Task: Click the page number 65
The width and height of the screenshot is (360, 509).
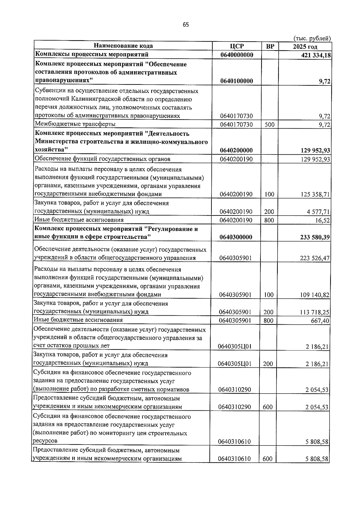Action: [186, 25]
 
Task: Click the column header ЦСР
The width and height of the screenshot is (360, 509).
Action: [237, 46]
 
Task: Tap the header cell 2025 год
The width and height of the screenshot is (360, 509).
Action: [305, 46]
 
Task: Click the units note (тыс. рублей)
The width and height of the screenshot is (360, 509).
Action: [312, 38]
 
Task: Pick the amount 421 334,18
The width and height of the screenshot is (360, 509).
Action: [315, 55]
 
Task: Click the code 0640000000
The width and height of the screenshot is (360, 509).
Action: [236, 55]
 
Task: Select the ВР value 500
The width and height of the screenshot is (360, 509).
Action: [269, 124]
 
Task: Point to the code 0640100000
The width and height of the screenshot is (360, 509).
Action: [236, 81]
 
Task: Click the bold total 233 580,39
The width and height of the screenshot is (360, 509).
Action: [315, 237]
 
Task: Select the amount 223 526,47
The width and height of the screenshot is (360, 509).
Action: [315, 258]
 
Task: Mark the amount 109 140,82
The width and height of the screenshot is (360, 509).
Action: [315, 295]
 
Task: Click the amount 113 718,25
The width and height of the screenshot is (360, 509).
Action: [315, 312]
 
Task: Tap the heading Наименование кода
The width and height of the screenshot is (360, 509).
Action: [123, 46]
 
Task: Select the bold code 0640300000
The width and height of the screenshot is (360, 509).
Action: [236, 237]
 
